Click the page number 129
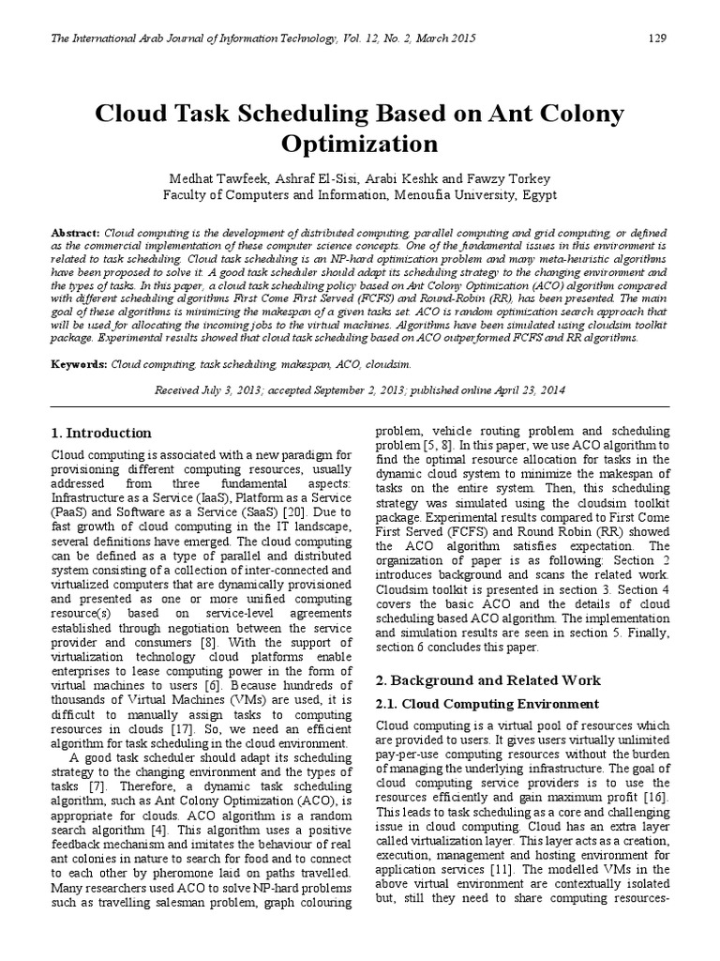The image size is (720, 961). (657, 38)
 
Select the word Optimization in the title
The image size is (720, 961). (360, 144)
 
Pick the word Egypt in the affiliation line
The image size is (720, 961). (538, 195)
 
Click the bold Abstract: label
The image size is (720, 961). (76, 233)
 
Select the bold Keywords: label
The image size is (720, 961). (80, 362)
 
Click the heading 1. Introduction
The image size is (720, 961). (100, 434)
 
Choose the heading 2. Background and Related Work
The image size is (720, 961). (488, 679)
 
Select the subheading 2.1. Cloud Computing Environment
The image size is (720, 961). (487, 703)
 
